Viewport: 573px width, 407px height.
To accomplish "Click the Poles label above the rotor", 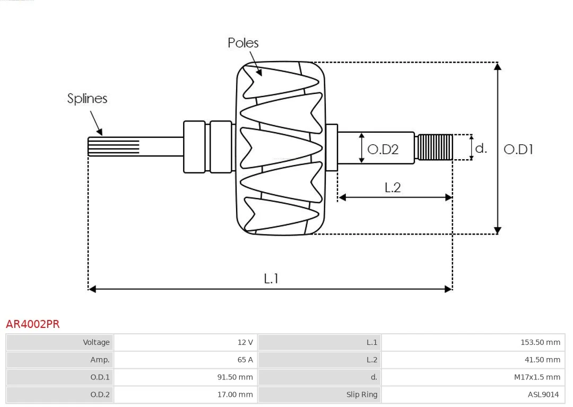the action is [x=243, y=43].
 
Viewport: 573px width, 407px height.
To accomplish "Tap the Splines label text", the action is [x=87, y=98].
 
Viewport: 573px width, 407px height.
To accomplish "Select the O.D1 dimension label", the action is [x=518, y=149].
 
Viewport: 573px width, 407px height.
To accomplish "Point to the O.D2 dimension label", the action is [x=383, y=149].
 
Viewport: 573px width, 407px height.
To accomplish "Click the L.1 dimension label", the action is [x=271, y=279].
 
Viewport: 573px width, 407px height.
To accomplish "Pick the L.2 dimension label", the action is [x=393, y=187].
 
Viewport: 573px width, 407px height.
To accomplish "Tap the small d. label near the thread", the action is [x=481, y=148].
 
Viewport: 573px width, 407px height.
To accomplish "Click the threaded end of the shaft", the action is [x=435, y=147].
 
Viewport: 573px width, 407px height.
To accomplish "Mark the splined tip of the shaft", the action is [x=114, y=147].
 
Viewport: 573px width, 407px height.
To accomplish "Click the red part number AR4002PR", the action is [x=32, y=324].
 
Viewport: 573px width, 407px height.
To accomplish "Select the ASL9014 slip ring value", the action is [x=543, y=395].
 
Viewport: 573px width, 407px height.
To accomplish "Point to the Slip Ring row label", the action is [x=362, y=395].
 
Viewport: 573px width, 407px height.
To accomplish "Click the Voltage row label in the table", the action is [x=96, y=342].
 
